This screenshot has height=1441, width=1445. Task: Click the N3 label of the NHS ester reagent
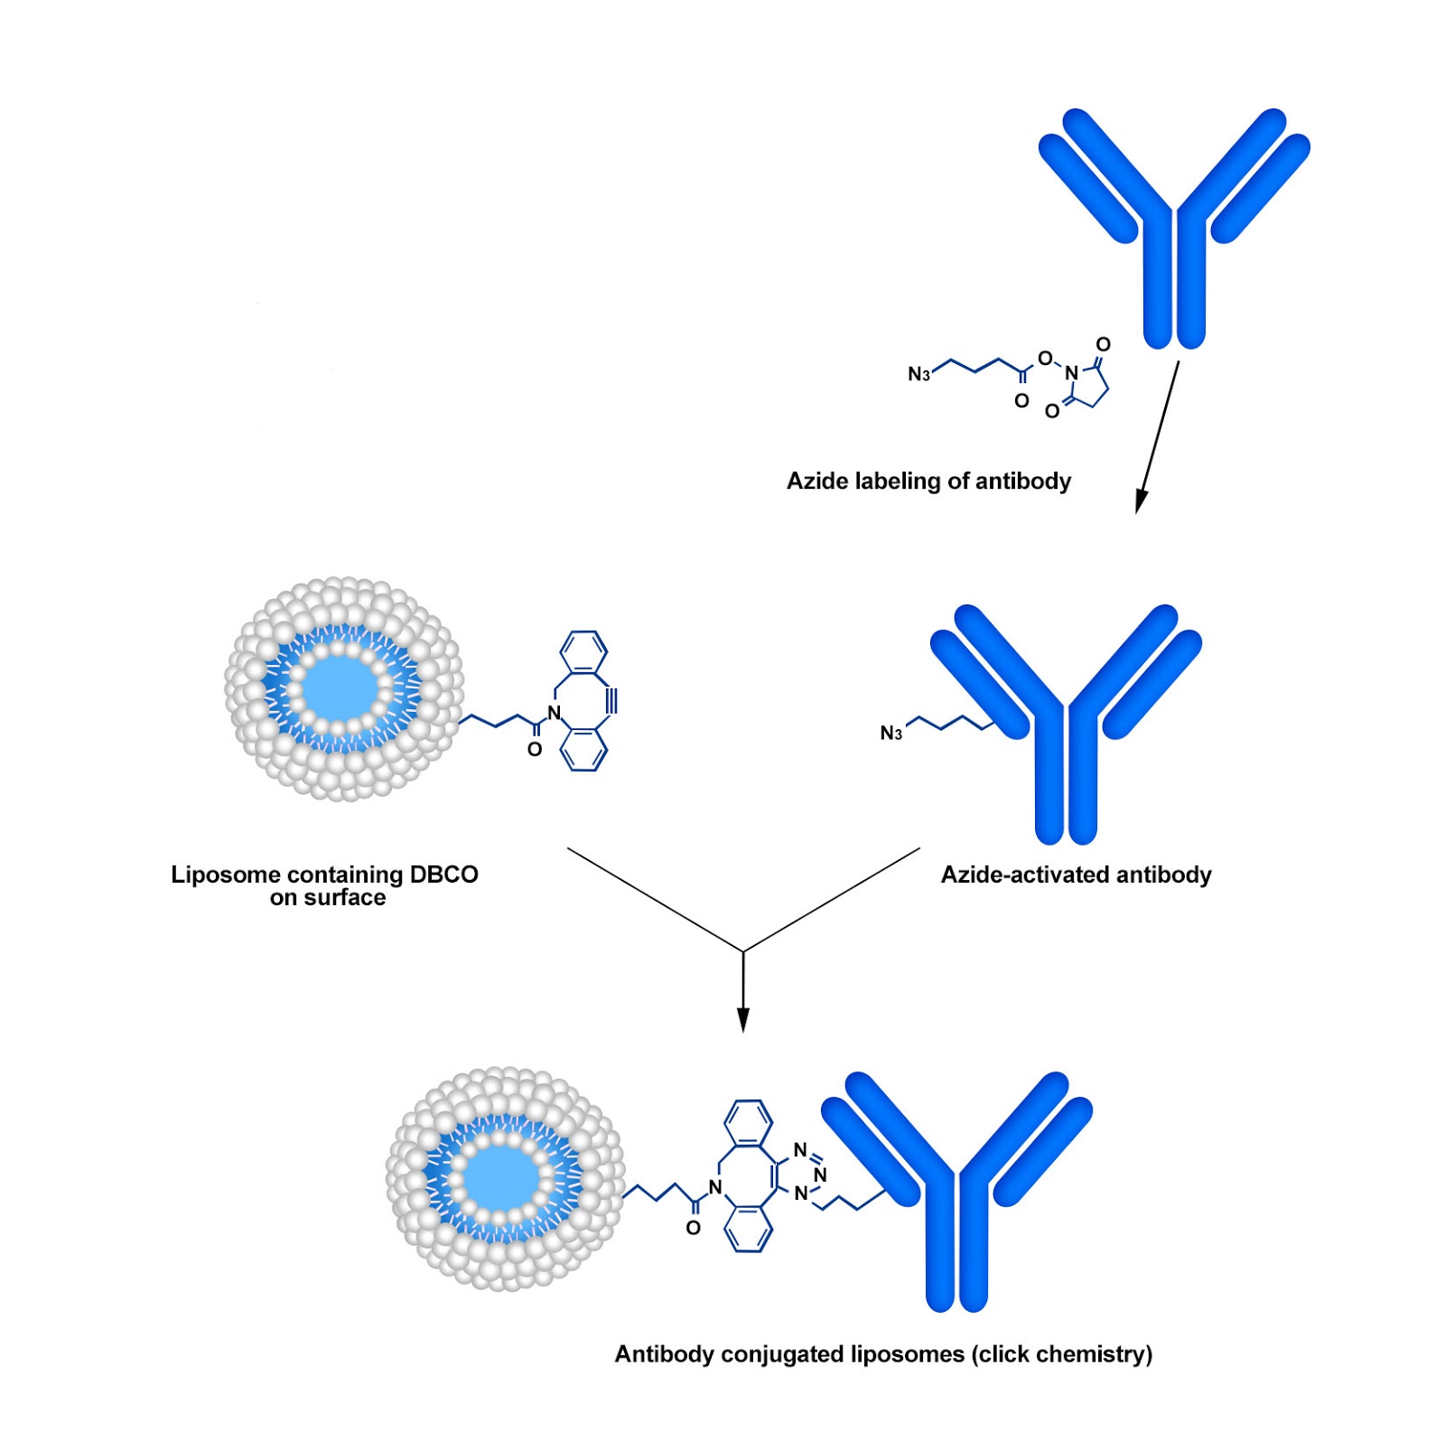pyautogui.click(x=918, y=374)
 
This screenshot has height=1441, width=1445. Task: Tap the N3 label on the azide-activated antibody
pyautogui.click(x=891, y=733)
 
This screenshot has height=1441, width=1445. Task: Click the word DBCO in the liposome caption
pyautogui.click(x=443, y=875)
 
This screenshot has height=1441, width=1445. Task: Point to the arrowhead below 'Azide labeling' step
pyautogui.click(x=1142, y=501)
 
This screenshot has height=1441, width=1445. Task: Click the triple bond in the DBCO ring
pyautogui.click(x=611, y=701)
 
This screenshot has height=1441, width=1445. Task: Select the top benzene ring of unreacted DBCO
pyautogui.click(x=583, y=651)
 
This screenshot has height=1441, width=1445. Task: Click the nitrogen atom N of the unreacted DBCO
pyautogui.click(x=554, y=713)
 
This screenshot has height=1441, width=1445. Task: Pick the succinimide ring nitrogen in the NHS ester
pyautogui.click(x=1071, y=372)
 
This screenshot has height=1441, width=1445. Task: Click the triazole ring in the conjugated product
pyautogui.click(x=802, y=1173)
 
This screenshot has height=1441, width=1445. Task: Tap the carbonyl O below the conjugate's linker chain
pyautogui.click(x=693, y=1228)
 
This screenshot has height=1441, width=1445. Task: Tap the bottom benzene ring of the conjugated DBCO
pyautogui.click(x=750, y=1228)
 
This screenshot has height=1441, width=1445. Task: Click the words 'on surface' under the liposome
pyautogui.click(x=328, y=898)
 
